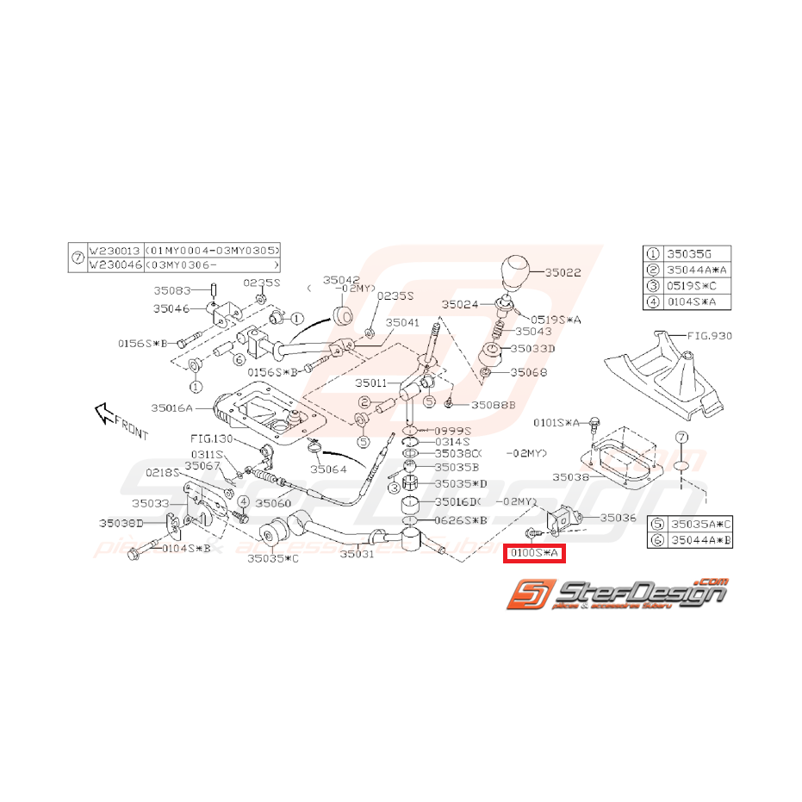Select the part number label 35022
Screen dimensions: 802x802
[562, 272]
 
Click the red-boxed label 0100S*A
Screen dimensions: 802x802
[534, 554]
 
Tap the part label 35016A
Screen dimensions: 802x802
[171, 407]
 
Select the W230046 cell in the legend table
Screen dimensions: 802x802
[115, 265]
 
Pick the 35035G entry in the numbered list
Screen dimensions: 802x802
[693, 254]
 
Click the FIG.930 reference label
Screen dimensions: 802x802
[709, 335]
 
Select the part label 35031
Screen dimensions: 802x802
[357, 555]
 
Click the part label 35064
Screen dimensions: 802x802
[330, 469]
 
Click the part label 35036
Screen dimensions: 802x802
[618, 518]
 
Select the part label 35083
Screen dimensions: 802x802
[172, 291]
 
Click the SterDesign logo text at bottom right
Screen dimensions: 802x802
[641, 594]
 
